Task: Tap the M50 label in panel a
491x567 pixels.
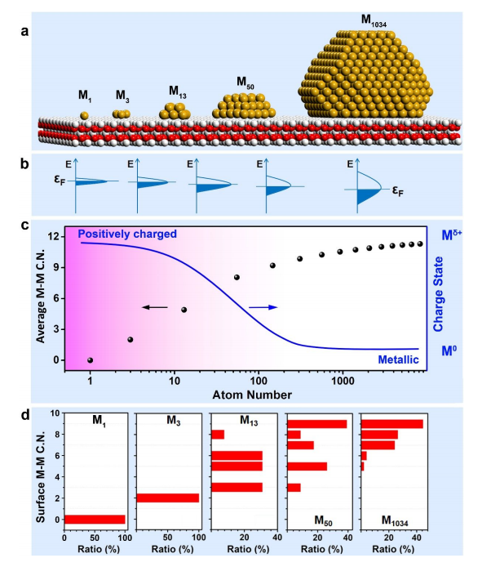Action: point(245,83)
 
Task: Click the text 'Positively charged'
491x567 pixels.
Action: point(128,234)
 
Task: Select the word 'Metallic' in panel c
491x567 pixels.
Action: point(398,359)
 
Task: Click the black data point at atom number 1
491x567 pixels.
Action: point(90,359)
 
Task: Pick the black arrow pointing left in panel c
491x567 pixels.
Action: point(154,307)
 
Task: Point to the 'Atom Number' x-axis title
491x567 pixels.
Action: point(258,395)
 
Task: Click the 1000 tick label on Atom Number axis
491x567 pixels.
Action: point(343,381)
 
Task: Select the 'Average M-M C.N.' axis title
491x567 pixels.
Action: point(42,297)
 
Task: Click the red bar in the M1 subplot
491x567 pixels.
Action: point(95,519)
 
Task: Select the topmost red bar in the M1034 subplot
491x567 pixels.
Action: point(391,424)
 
